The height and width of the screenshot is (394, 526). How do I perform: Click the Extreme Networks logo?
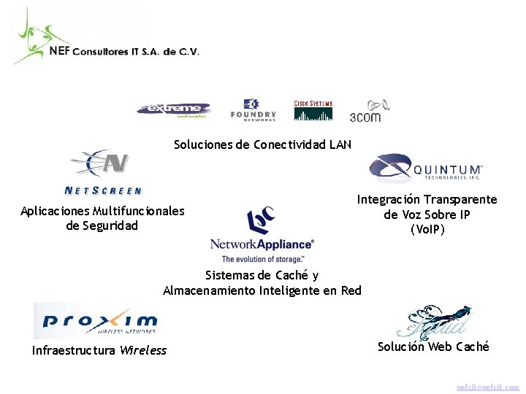coord(173,109)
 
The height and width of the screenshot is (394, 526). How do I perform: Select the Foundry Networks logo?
coord(253,109)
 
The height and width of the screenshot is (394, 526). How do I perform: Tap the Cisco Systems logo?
coord(313,110)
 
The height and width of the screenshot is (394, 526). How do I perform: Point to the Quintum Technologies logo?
coord(425,168)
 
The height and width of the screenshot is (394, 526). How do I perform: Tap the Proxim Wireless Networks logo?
coord(100,320)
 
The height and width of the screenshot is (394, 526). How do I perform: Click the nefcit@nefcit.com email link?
coord(488,387)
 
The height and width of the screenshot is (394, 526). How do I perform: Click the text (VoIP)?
coord(427,229)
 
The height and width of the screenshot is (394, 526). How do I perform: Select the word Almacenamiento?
coord(216,290)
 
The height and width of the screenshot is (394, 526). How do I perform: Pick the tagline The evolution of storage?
coord(262,259)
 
